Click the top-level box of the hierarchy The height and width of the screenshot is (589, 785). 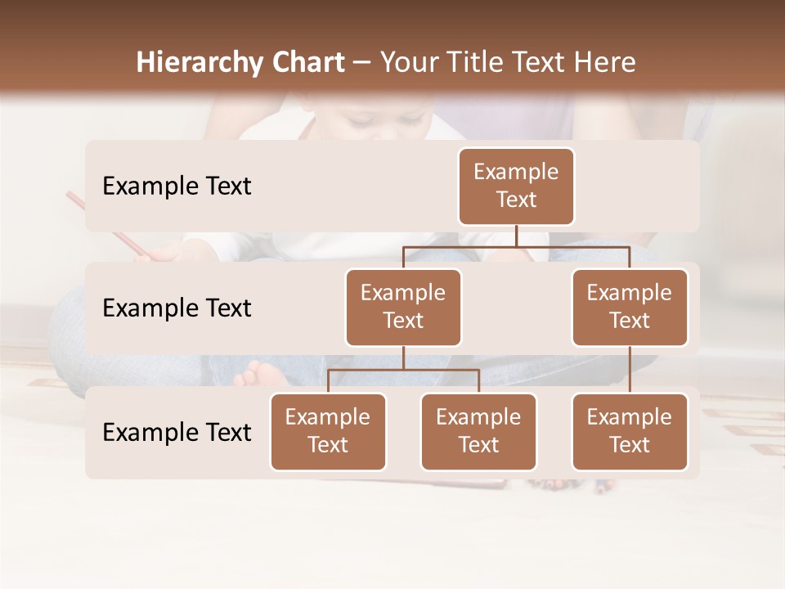coord(516,186)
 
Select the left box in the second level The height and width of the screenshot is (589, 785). coord(403,307)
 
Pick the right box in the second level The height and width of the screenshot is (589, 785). coord(630,307)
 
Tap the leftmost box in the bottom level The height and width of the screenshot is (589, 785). coord(328,431)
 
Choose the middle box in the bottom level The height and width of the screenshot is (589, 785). coord(478,431)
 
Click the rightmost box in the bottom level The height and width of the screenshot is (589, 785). coord(630,431)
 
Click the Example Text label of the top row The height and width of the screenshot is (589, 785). coord(177,187)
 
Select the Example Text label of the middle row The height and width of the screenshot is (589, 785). coord(177,308)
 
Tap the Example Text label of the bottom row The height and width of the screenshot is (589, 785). coord(177,432)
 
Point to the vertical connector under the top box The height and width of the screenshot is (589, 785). coord(516,236)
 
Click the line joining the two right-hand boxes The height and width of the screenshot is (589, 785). coord(630,370)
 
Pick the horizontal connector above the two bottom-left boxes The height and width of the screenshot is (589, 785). coord(403,370)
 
